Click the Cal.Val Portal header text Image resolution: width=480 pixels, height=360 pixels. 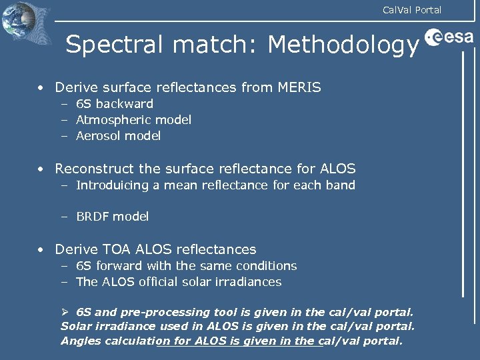411,9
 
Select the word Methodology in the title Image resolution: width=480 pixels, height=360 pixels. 343,45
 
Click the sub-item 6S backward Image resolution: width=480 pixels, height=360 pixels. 114,104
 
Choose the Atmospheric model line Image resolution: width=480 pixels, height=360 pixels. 133,120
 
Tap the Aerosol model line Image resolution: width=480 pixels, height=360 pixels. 118,136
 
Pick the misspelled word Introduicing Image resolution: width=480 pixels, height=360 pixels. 112,185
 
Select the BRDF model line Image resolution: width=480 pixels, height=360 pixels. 112,217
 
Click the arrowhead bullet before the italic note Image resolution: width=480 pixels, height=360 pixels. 65,312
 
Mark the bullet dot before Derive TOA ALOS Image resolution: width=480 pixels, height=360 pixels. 41,250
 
